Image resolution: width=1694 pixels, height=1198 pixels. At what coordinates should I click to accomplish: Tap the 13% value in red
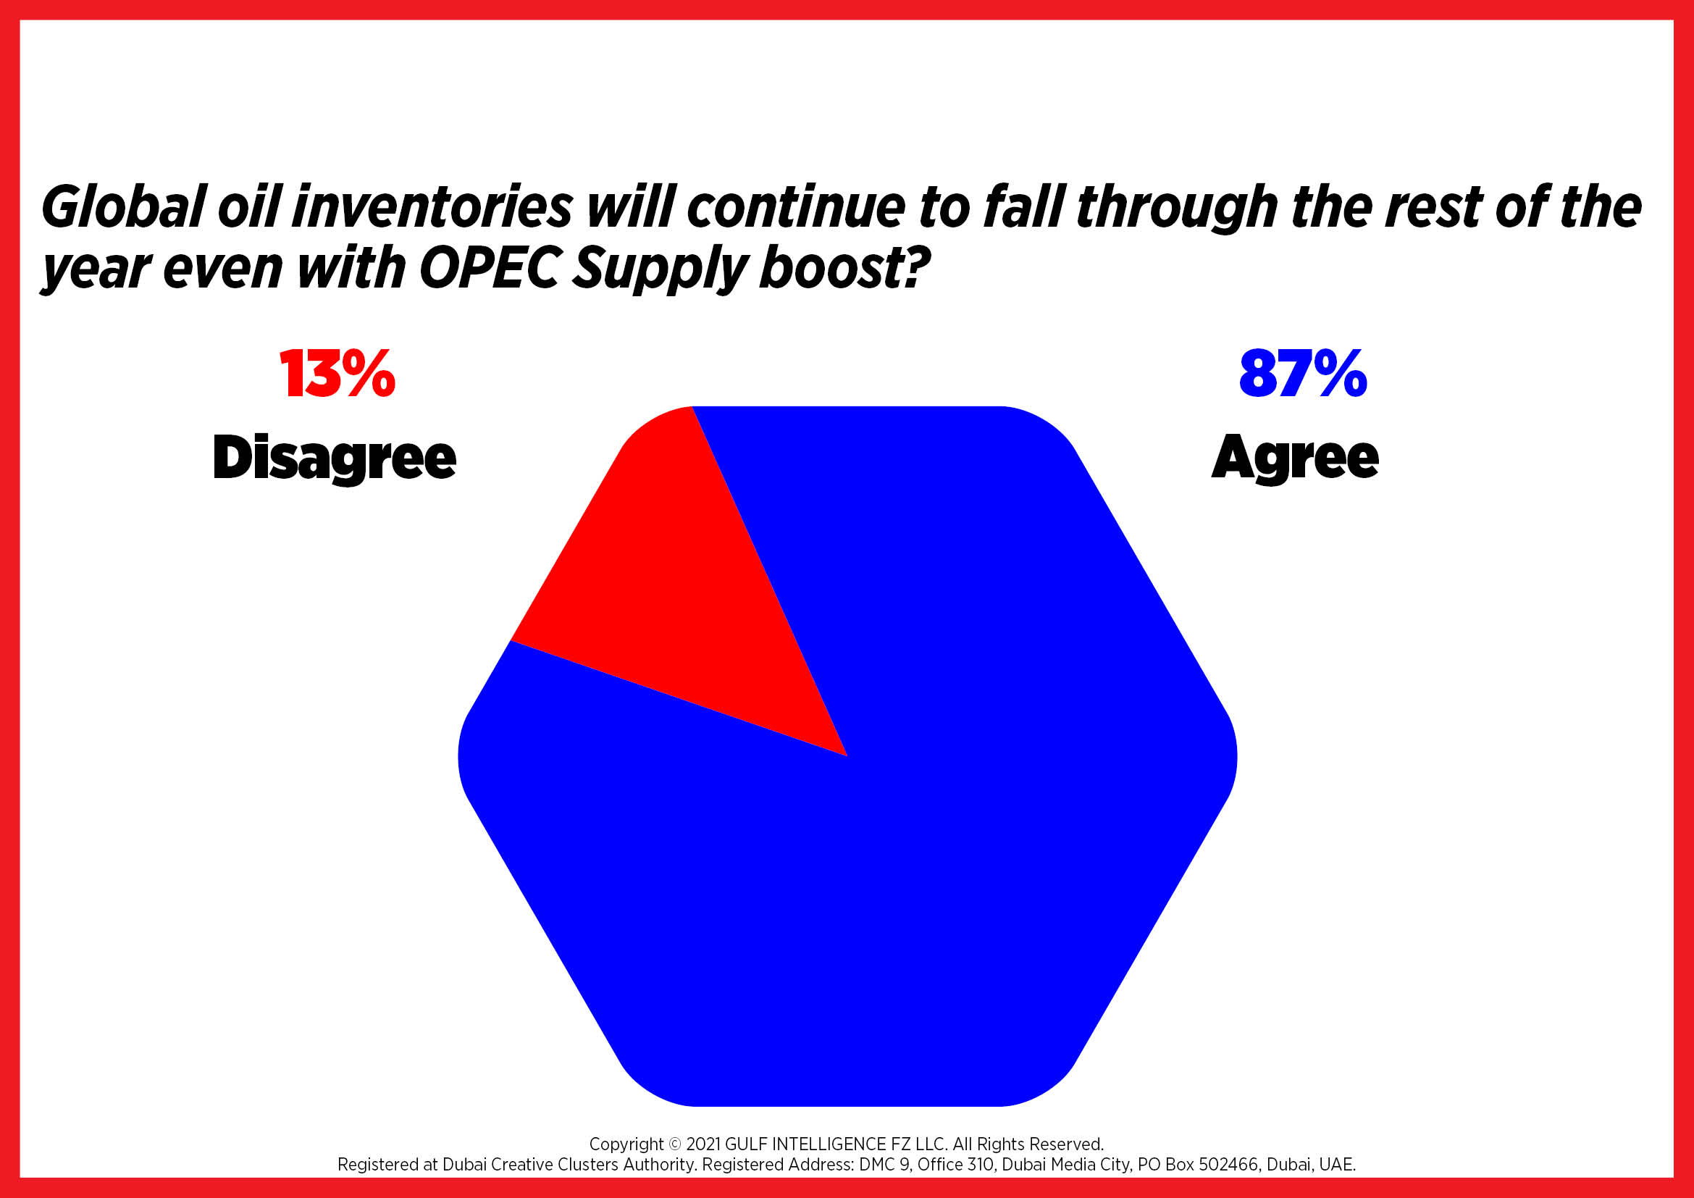[x=337, y=374]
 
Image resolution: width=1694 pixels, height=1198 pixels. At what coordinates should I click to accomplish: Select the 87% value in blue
[x=1303, y=374]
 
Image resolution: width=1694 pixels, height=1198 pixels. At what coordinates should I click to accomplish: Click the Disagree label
[x=334, y=457]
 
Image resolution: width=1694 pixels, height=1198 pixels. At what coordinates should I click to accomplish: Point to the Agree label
[x=1295, y=457]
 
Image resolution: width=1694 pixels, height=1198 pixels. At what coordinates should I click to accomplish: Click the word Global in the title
[x=122, y=206]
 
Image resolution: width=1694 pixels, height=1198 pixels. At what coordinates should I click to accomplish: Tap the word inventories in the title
[x=432, y=206]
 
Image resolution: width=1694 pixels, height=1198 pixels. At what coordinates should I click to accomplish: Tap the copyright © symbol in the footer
[x=674, y=1145]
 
